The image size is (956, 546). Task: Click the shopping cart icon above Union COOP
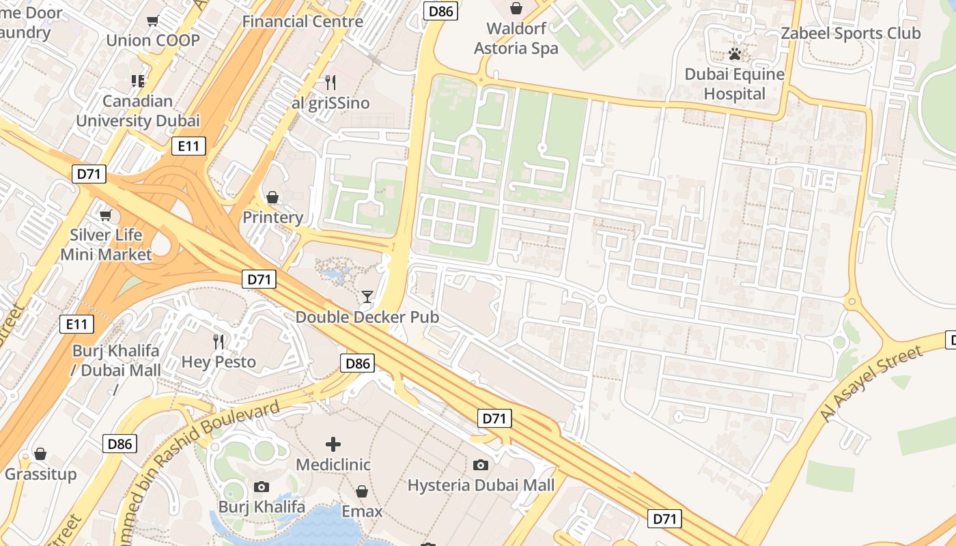[x=153, y=20]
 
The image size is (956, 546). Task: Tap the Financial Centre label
[x=303, y=21]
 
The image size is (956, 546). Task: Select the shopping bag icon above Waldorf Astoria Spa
[x=516, y=8]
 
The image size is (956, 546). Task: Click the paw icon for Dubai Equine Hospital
[x=735, y=54]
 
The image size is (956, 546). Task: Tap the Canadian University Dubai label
[x=137, y=111]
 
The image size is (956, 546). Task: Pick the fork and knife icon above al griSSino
[x=331, y=83]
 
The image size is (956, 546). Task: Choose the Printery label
[x=272, y=218]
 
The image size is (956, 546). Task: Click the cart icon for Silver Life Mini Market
[x=105, y=216]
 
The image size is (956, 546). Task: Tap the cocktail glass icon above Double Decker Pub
[x=367, y=297]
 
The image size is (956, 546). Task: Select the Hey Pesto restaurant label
[x=219, y=362]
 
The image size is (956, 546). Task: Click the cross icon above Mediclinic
[x=333, y=445]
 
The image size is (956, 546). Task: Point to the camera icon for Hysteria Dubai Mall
[x=481, y=465]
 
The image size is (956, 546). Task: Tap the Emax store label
[x=362, y=511]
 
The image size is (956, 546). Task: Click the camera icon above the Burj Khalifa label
[x=261, y=487]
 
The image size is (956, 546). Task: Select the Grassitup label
[x=40, y=474]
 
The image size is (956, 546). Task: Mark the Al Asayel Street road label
[x=871, y=384]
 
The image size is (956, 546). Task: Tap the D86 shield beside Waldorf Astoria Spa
[x=441, y=11]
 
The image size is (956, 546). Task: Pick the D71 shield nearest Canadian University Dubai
[x=89, y=174]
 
